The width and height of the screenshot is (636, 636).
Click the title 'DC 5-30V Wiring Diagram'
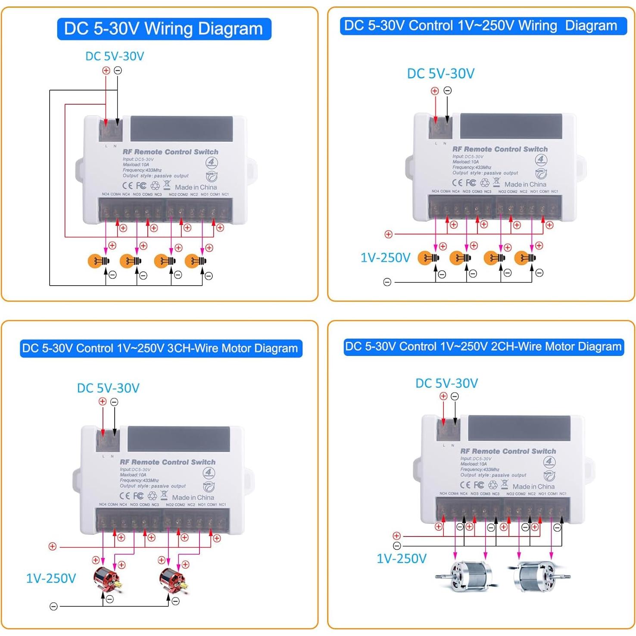[164, 29]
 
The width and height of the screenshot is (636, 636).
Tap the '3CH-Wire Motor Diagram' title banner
[161, 348]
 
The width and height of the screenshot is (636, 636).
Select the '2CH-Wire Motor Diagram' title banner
[483, 347]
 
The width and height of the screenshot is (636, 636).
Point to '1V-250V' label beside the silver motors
[401, 559]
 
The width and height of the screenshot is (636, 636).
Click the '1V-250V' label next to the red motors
[51, 578]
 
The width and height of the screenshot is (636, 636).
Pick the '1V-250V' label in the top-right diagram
[385, 258]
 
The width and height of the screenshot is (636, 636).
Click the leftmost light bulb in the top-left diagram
[98, 261]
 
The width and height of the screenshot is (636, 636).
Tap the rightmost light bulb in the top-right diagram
[525, 258]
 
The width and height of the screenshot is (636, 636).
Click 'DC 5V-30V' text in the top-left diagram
[115, 56]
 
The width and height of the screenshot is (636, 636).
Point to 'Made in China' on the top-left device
[196, 187]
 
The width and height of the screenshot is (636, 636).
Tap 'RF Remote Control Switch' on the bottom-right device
[508, 451]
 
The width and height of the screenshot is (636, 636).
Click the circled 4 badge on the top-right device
[541, 160]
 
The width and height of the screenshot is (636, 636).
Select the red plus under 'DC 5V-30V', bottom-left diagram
[103, 402]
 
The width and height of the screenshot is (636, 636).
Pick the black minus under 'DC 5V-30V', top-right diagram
[448, 90]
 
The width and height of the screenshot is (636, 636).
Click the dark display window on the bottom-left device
[179, 439]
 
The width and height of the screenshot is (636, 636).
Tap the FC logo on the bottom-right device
[479, 485]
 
